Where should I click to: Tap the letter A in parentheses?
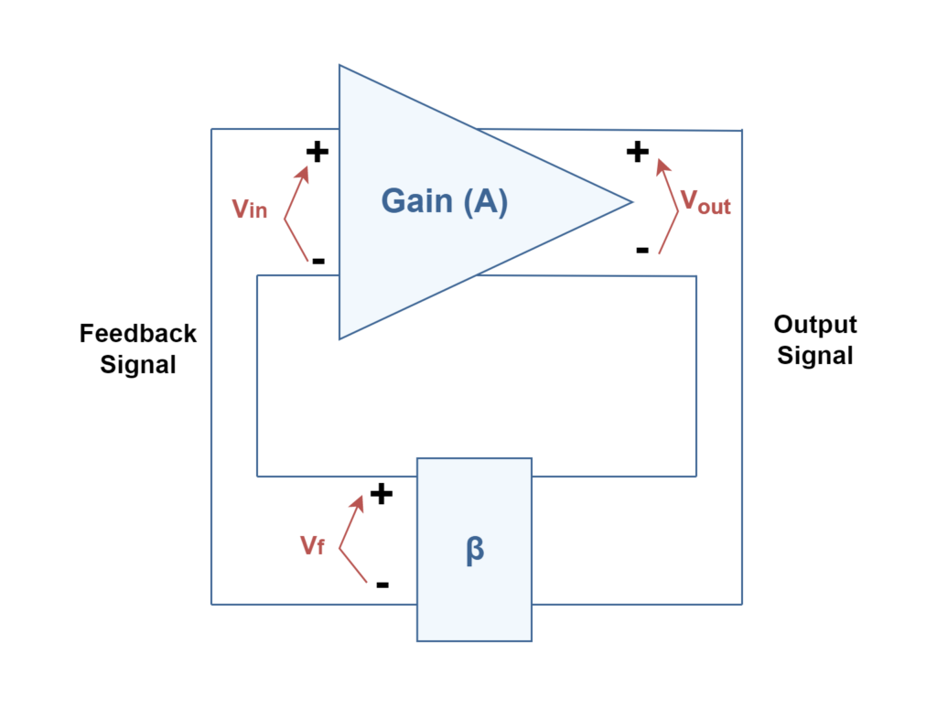484,201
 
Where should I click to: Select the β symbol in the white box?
474,551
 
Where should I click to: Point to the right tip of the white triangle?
630,201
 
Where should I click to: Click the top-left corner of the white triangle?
341,67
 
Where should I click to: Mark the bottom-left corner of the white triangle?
341,337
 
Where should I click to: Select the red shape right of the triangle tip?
700,220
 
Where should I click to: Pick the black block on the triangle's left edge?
323,206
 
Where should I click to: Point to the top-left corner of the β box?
419,460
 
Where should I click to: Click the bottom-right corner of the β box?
530,639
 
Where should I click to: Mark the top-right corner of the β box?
530,460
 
